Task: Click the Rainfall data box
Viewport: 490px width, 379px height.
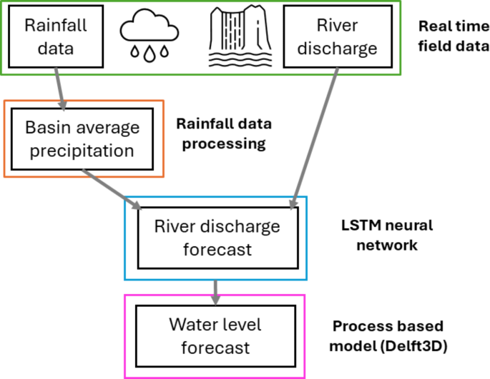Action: [56, 37]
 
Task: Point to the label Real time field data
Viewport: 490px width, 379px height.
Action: [454, 37]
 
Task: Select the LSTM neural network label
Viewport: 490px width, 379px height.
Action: [386, 235]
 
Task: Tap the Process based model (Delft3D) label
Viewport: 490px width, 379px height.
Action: [388, 336]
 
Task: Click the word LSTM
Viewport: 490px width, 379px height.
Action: [356, 226]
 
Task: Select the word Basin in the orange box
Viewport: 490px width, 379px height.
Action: [45, 128]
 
